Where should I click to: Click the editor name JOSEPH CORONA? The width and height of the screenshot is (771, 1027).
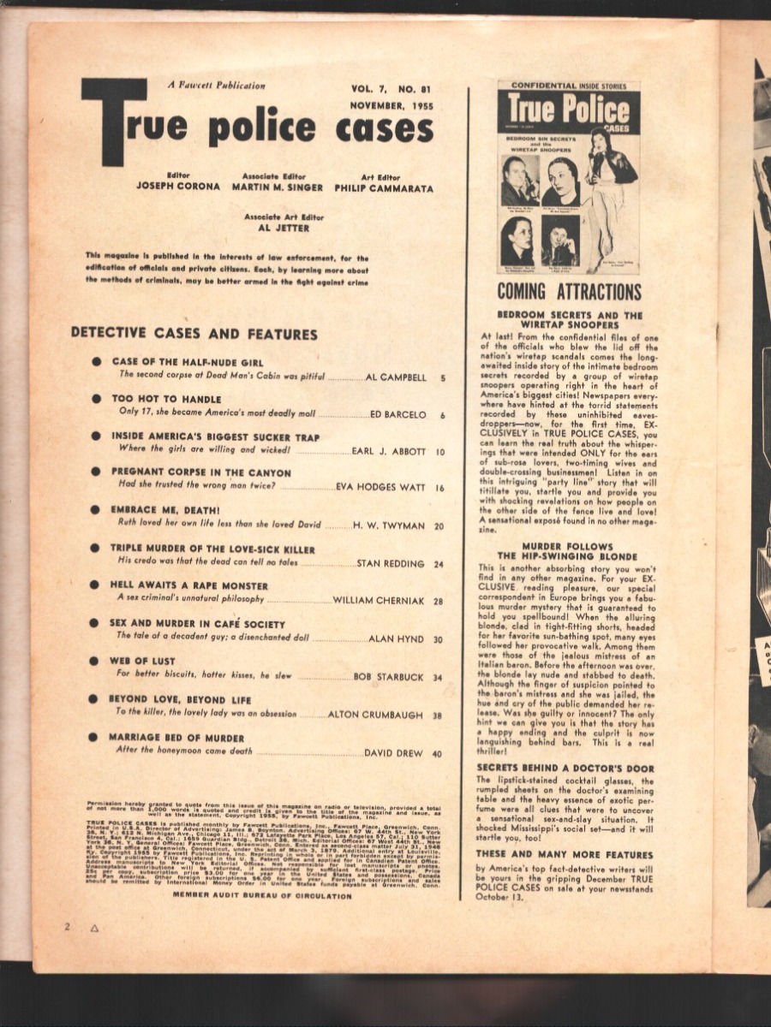tap(178, 187)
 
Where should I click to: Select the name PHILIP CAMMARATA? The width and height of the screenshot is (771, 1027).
tap(383, 187)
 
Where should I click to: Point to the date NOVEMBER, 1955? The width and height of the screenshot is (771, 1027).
tap(389, 105)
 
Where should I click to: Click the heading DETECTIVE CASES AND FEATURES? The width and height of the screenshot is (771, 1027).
tap(194, 334)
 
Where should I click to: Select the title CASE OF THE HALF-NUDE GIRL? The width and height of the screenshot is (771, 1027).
tap(188, 362)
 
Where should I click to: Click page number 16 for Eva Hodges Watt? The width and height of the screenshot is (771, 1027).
tap(439, 488)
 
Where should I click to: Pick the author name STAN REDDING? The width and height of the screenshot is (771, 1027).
tap(390, 564)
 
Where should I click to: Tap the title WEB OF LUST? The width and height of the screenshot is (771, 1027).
tap(142, 662)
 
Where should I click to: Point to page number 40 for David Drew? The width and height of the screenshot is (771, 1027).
tap(437, 754)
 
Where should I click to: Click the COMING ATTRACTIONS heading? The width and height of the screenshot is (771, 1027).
tap(569, 291)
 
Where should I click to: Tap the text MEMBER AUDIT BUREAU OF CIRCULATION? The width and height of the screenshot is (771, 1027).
tap(262, 895)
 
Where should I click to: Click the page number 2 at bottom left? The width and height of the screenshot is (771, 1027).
tap(66, 927)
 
